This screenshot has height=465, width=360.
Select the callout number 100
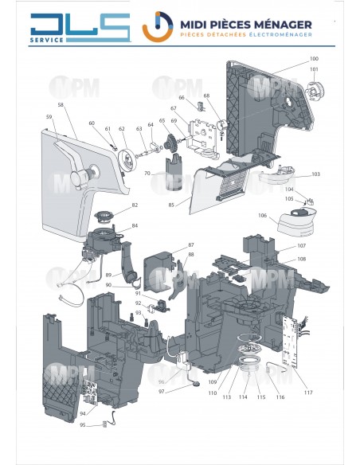click(x=313, y=60)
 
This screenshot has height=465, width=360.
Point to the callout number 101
click(x=313, y=69)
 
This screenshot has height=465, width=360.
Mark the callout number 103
click(x=315, y=174)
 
